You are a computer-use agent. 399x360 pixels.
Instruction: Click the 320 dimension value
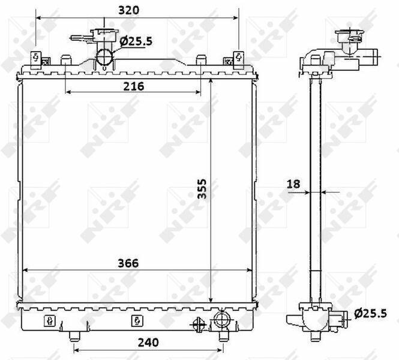pos(129,10)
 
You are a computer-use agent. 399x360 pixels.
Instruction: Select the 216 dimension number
pos(134,86)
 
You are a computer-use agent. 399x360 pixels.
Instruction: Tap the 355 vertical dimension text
pos(202,188)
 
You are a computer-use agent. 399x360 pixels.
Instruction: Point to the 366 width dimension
pos(128,263)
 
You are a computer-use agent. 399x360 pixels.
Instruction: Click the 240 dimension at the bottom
pos(148,343)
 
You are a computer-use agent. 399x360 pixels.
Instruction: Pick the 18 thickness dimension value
pos(293,184)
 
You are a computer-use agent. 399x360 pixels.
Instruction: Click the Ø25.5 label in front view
pos(136,41)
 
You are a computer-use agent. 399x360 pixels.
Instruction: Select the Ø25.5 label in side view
pos(370,313)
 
